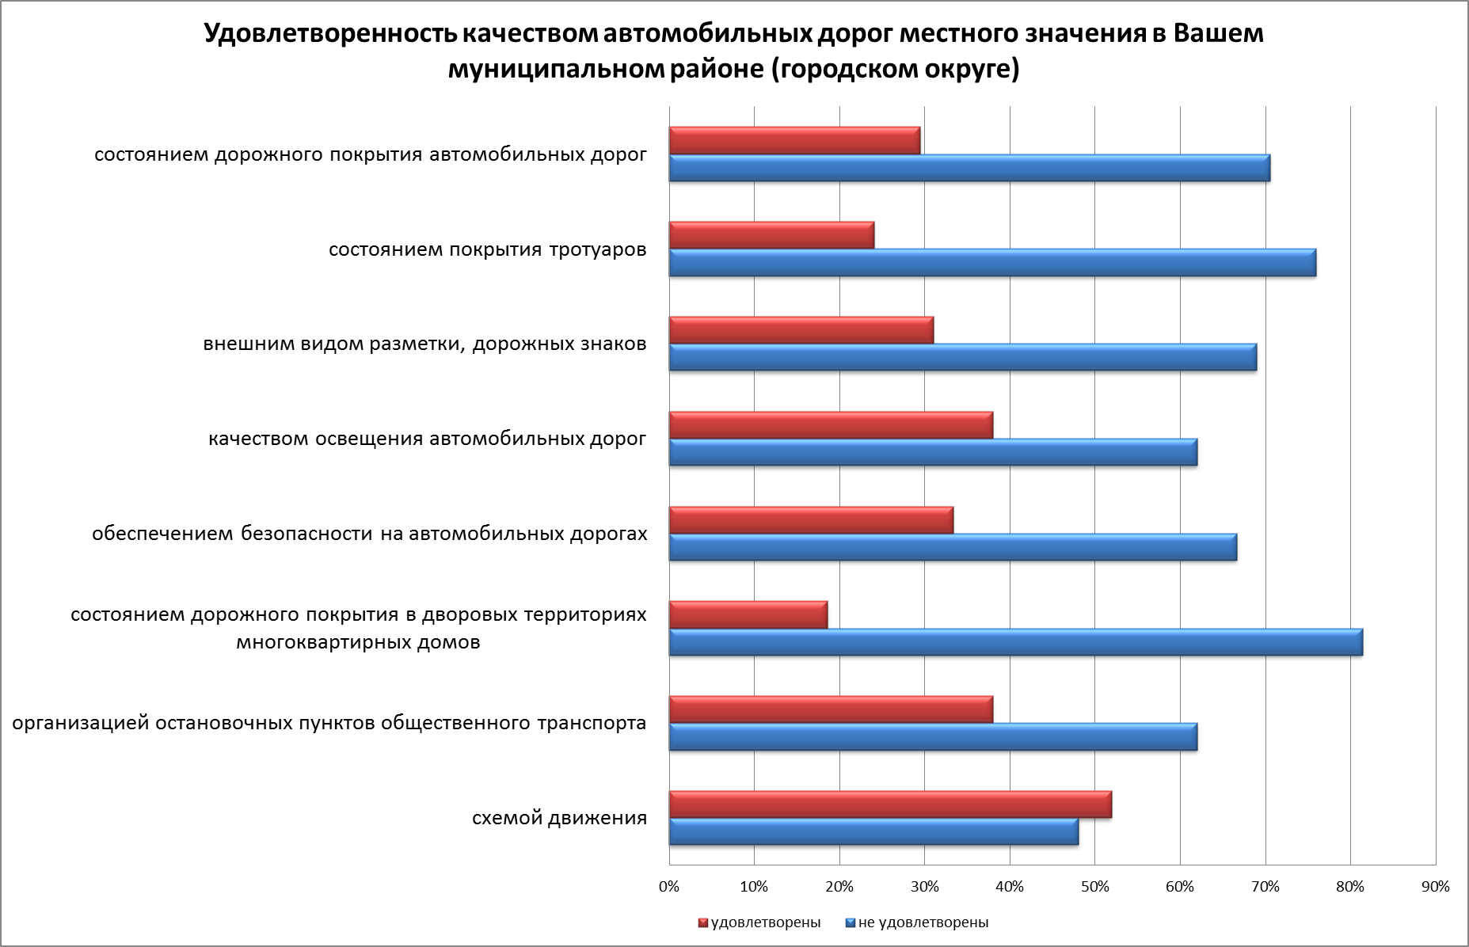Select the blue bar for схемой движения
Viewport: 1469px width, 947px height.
(x=873, y=832)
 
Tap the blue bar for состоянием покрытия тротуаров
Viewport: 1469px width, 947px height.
(x=991, y=263)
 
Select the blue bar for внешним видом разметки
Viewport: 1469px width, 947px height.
(x=962, y=358)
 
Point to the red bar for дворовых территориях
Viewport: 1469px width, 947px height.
(x=748, y=614)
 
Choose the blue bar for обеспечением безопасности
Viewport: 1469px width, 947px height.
(x=952, y=547)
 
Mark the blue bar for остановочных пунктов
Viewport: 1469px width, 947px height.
(x=932, y=737)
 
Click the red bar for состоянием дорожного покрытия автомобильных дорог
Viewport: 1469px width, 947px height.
(x=793, y=140)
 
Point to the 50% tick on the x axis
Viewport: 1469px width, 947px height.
(x=1094, y=888)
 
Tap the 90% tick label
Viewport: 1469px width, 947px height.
(x=1435, y=888)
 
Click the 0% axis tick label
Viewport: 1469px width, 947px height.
(x=669, y=888)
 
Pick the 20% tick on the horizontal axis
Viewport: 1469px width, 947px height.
(x=839, y=888)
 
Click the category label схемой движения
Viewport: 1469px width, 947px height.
(x=559, y=818)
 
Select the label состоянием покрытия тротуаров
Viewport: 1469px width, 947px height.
(x=487, y=250)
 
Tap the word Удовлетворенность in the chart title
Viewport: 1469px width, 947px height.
(x=329, y=35)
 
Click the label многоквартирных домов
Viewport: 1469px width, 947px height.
(x=358, y=642)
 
